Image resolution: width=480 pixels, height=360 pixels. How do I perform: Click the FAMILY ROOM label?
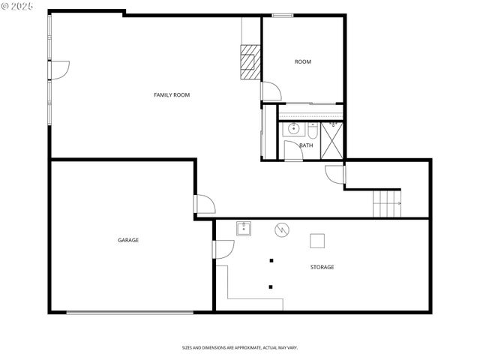pyautogui.click(x=172, y=94)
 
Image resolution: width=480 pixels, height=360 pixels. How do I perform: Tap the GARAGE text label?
pyautogui.click(x=127, y=240)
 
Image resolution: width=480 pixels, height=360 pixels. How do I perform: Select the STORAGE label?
pyautogui.click(x=322, y=267)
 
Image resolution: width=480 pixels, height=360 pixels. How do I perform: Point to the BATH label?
pyautogui.click(x=306, y=145)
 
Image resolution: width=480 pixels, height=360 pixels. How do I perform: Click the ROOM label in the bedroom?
pyautogui.click(x=302, y=61)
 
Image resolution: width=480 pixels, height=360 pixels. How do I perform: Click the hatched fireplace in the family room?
pyautogui.click(x=250, y=61)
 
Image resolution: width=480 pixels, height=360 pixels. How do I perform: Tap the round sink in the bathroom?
pyautogui.click(x=293, y=130)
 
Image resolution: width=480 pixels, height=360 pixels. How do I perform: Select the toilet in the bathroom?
pyautogui.click(x=312, y=130)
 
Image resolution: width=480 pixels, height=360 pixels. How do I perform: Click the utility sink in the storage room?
pyautogui.click(x=244, y=229)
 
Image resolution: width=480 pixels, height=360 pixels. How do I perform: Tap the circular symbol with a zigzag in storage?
pyautogui.click(x=282, y=229)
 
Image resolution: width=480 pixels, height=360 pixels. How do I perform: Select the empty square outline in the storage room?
pyautogui.click(x=318, y=240)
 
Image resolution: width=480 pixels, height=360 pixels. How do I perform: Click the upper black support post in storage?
pyautogui.click(x=271, y=261)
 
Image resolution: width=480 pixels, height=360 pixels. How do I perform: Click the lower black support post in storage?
pyautogui.click(x=271, y=286)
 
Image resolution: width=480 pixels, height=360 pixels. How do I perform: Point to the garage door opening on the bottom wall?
pyautogui.click(x=133, y=312)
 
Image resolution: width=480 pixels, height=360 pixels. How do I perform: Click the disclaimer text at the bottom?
pyautogui.click(x=240, y=347)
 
